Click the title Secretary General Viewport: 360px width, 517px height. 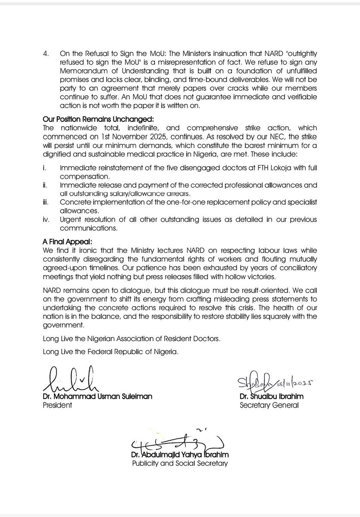pos(269,405)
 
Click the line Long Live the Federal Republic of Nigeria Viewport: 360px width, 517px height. pos(111,352)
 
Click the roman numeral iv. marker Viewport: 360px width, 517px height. pos(47,220)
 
